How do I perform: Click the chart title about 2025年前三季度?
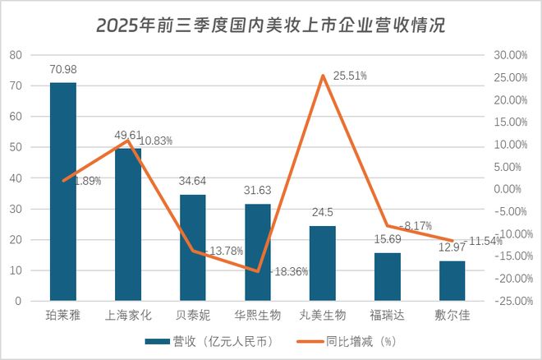coord(270,25)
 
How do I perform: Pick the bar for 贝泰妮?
coord(193,247)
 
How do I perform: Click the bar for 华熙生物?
coord(258,252)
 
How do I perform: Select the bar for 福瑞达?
coord(388,277)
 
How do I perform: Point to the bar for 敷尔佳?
coord(452,281)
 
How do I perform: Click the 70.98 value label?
coord(63,71)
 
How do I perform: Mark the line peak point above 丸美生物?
coord(323,76)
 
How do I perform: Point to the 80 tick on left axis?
coord(16,55)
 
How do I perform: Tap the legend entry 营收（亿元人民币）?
coord(208,340)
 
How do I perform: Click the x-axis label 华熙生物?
coord(258,316)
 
